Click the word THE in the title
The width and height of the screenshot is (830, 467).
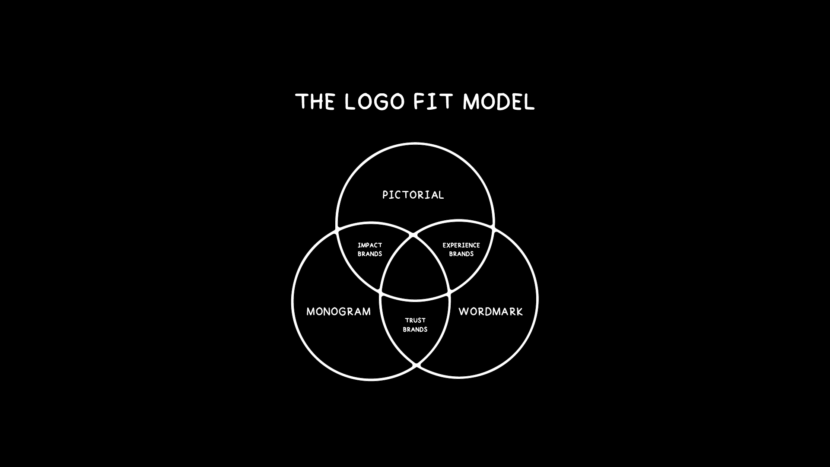(315, 102)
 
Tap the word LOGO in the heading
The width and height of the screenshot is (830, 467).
(375, 102)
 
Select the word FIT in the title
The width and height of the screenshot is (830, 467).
(433, 102)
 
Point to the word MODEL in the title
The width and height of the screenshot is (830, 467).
(499, 102)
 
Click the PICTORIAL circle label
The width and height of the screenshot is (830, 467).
(413, 195)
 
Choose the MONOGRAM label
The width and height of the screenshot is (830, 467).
(338, 311)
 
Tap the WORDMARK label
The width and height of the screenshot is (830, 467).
(490, 311)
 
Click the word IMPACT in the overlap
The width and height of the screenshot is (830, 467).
(370, 245)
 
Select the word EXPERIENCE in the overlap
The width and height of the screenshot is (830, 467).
(461, 245)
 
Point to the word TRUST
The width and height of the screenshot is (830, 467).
(415, 320)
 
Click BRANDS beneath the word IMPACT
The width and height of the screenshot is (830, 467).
(370, 254)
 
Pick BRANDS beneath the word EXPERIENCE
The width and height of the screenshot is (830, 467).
(461, 254)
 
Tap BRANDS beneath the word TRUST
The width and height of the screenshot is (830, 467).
(415, 329)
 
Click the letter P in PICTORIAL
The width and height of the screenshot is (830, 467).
(385, 195)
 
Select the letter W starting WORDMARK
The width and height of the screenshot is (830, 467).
(463, 311)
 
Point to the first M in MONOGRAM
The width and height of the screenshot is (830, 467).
(311, 311)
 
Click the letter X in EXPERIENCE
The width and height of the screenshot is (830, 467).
(448, 245)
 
